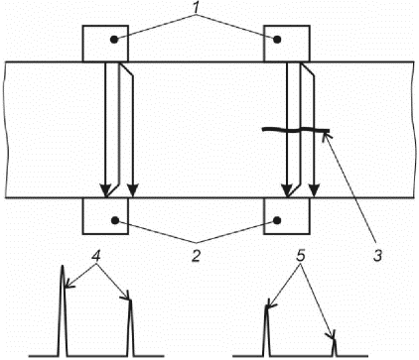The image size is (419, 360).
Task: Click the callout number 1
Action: (x=197, y=8)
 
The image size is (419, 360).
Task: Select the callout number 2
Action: (x=197, y=256)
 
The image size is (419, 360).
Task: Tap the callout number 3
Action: (x=377, y=256)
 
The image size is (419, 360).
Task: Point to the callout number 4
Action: (x=95, y=257)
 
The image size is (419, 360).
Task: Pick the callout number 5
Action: (x=300, y=257)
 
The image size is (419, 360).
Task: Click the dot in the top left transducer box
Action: (x=114, y=40)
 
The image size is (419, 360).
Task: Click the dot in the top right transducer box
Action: (x=277, y=40)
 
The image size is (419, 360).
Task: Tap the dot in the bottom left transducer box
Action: (x=115, y=220)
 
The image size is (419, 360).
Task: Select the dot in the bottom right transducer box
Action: (x=277, y=220)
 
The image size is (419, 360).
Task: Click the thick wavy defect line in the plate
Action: (x=296, y=130)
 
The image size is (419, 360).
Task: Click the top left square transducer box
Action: (x=105, y=44)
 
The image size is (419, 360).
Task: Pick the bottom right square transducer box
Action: (x=287, y=216)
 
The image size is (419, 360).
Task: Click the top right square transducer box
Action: (x=287, y=44)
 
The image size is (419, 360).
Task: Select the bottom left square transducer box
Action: (x=105, y=216)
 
